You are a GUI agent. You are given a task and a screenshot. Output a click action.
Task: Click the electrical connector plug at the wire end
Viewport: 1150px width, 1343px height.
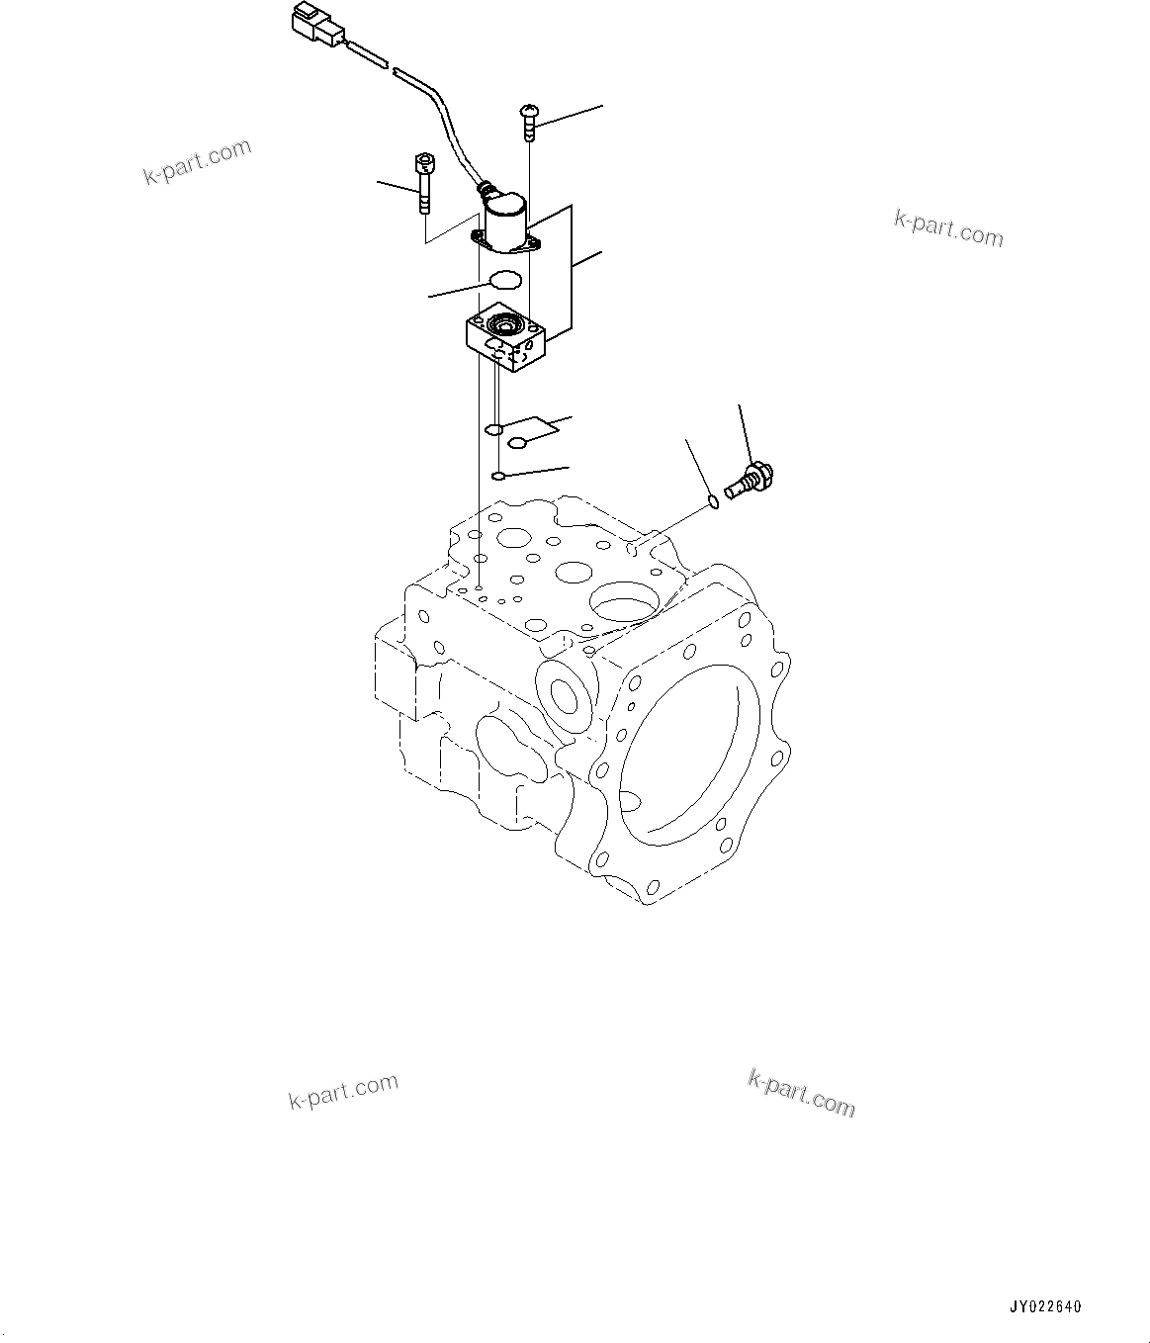coord(315,24)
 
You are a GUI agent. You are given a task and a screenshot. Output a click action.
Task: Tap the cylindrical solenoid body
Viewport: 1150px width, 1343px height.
coord(505,224)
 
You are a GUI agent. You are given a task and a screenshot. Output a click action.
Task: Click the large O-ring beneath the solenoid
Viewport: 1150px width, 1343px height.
coord(504,280)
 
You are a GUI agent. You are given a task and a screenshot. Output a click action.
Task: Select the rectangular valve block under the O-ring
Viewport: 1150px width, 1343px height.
coord(505,342)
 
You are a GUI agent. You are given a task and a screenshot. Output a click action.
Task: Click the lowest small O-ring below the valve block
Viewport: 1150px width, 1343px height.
coord(499,477)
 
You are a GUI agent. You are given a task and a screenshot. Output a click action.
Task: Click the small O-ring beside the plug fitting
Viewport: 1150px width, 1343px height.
coord(713,505)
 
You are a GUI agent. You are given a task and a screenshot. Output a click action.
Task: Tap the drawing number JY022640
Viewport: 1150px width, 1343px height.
coord(1045,1306)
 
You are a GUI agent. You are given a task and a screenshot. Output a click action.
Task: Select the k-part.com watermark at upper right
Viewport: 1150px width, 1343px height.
coord(947,228)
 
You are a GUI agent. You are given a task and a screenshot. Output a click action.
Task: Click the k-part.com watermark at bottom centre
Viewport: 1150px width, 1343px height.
coord(801,1093)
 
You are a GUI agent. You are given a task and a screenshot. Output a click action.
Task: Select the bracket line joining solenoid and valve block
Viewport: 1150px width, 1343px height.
coord(571,267)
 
